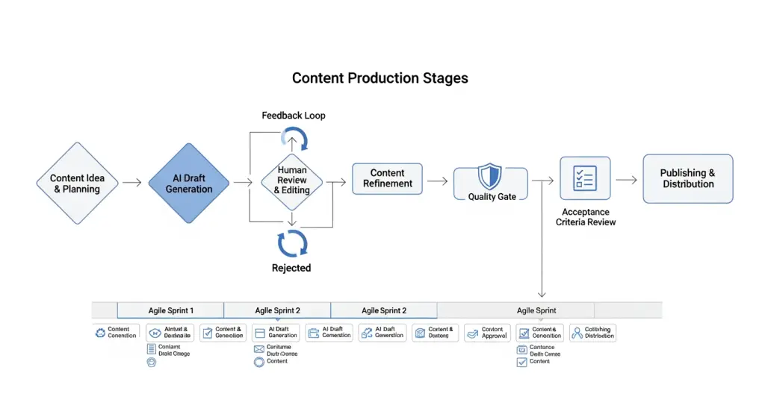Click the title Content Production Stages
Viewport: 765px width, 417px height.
(380, 78)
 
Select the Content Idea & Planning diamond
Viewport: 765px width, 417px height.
(78, 184)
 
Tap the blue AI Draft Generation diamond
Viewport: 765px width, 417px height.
(189, 184)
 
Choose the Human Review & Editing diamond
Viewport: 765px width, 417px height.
(291, 181)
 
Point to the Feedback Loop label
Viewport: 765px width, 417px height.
(294, 116)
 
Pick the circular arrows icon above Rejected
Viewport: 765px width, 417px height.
(292, 243)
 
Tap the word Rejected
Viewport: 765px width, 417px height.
(291, 268)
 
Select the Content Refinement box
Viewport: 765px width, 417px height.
(387, 178)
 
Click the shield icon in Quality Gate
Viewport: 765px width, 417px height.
(489, 178)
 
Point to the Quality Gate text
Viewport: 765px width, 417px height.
(492, 197)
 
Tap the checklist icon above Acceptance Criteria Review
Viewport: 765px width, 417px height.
(585, 178)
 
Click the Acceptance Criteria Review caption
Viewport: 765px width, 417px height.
(585, 216)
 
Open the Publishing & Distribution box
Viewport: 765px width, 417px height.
(687, 178)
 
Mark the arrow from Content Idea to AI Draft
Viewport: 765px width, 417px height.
(132, 183)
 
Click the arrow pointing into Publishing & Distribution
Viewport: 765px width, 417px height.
(626, 180)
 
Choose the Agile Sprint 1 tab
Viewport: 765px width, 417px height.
(170, 310)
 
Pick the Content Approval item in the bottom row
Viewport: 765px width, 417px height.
(487, 333)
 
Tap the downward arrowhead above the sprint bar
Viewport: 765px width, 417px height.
(542, 295)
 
